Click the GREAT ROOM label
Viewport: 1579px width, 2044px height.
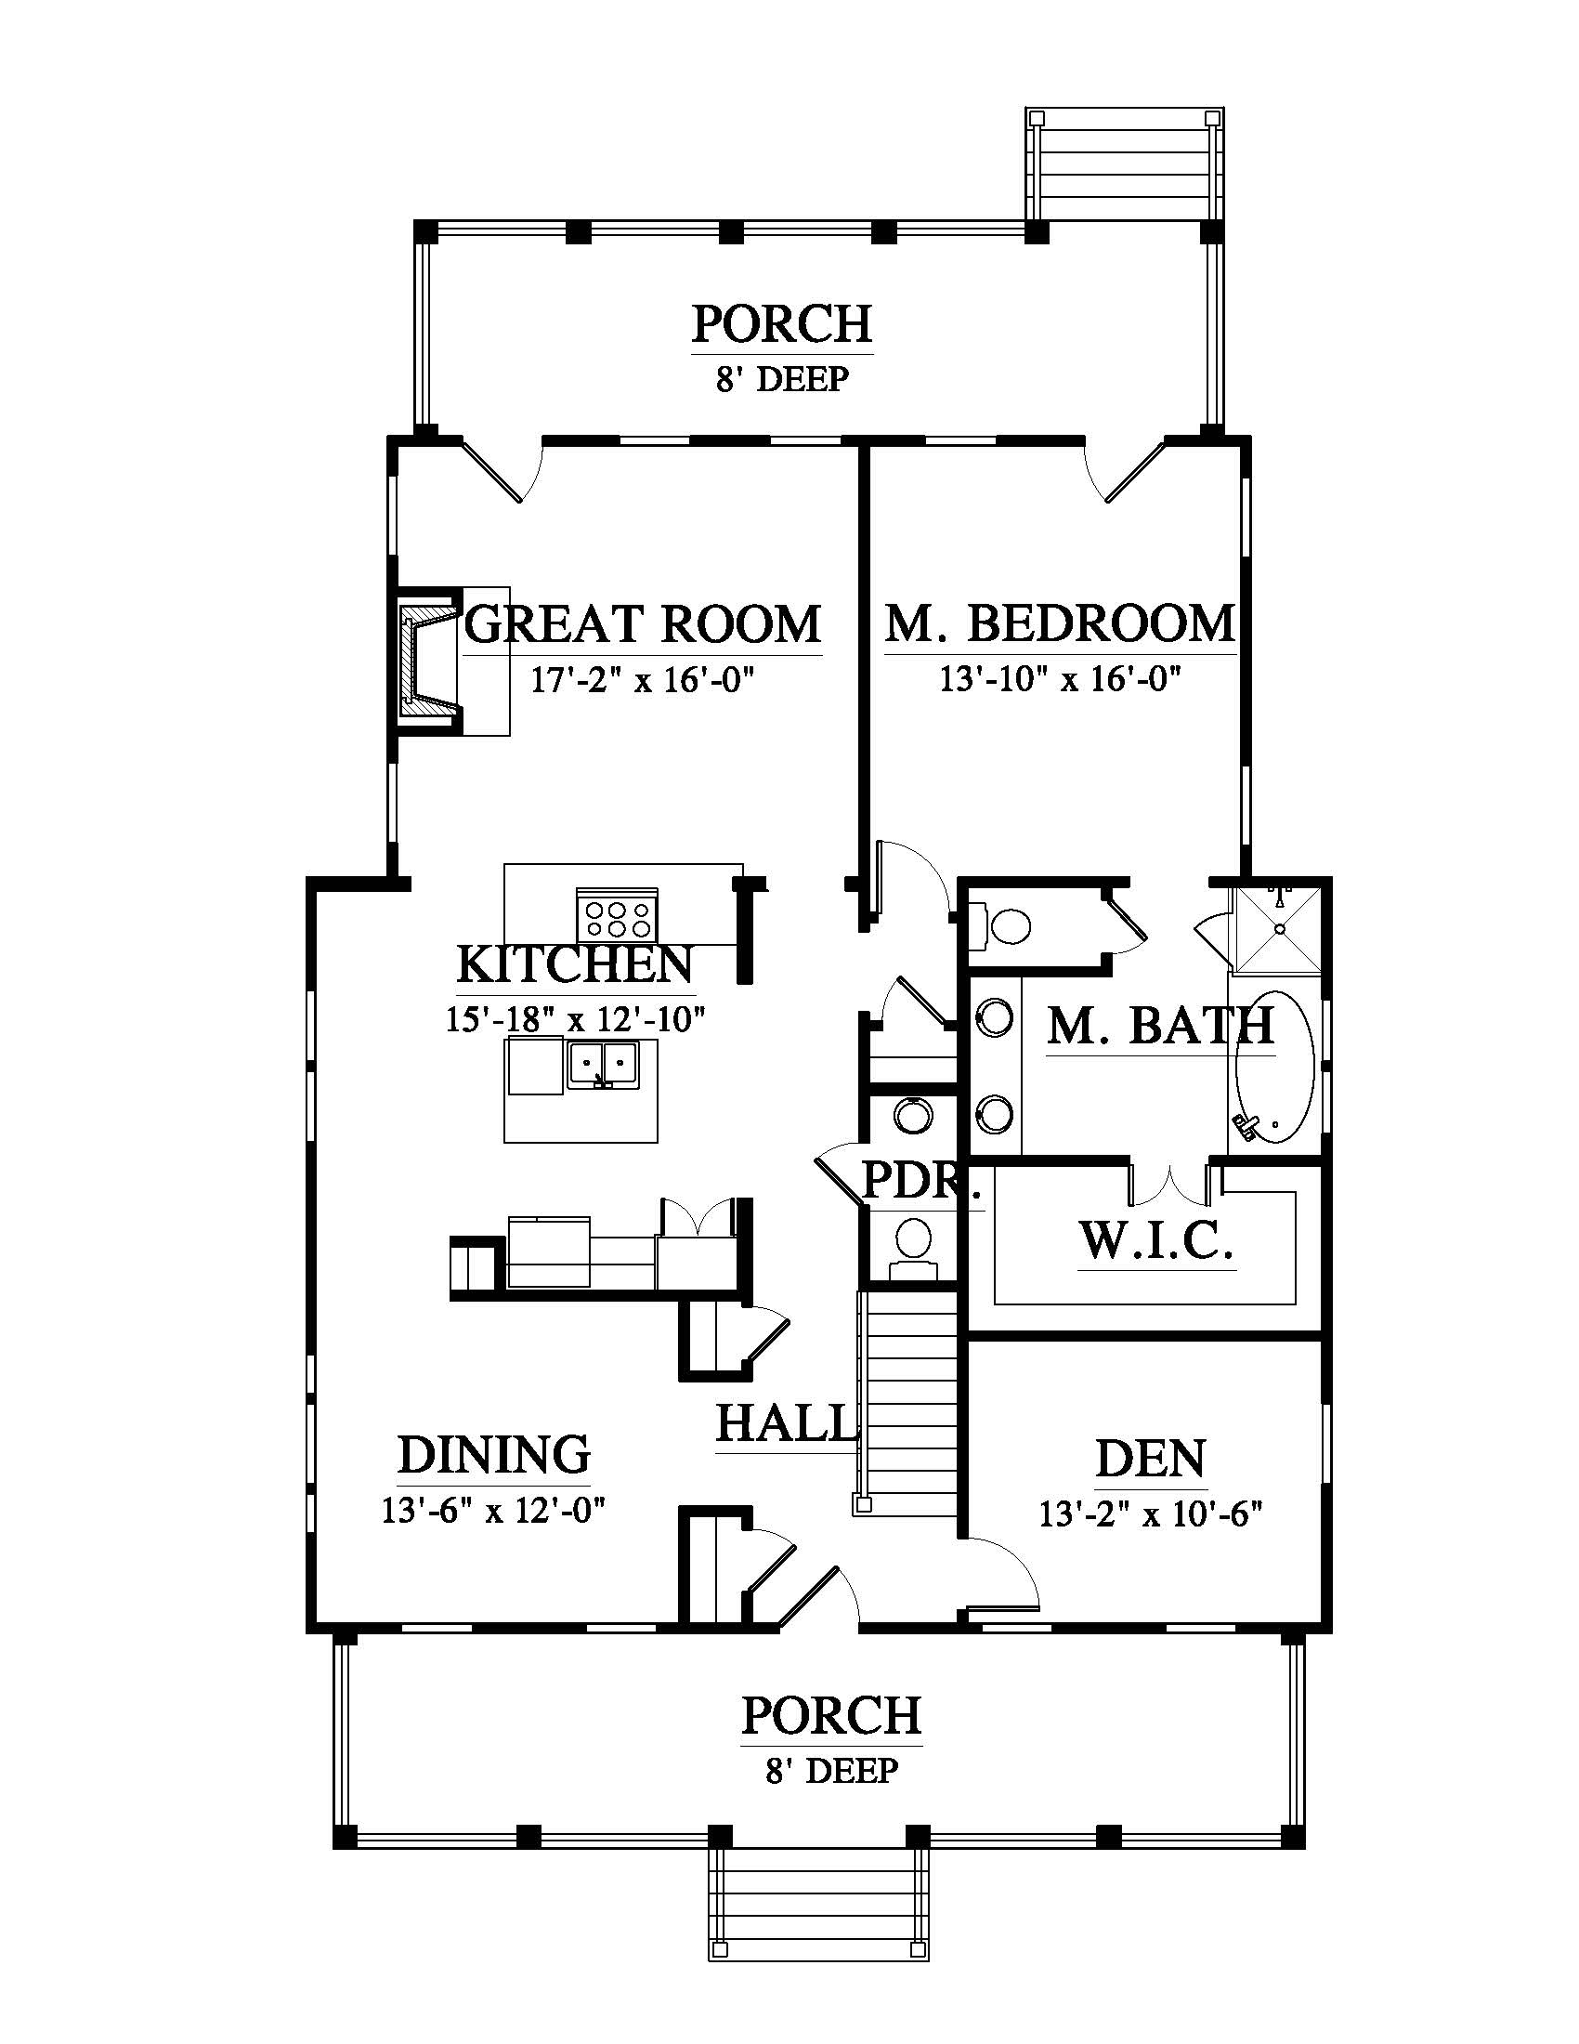pyautogui.click(x=643, y=623)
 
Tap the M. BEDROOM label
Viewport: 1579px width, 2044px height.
pyautogui.click(x=1060, y=623)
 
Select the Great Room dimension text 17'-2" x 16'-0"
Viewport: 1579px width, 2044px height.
pyautogui.click(x=643, y=679)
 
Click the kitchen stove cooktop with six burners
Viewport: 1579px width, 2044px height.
pyautogui.click(x=616, y=915)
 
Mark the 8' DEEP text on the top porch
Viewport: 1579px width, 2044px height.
pyautogui.click(x=783, y=379)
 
